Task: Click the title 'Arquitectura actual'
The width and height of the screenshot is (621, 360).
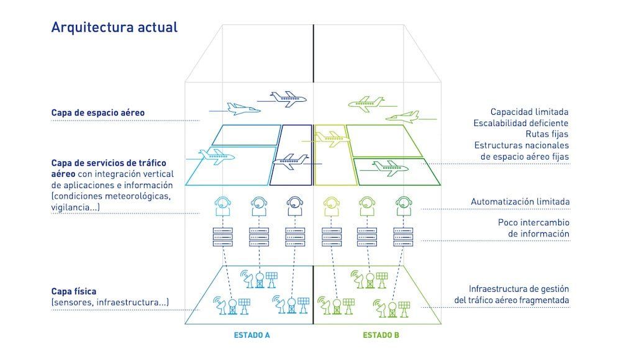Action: [x=114, y=27]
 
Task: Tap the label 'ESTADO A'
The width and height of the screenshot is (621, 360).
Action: [x=252, y=335]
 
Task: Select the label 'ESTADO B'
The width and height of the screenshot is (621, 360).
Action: [x=381, y=335]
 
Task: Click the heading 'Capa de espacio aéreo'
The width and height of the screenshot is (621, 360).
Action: [x=97, y=113]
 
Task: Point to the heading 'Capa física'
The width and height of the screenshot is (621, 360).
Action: [x=74, y=290]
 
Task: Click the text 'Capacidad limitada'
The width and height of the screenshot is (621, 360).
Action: [x=529, y=112]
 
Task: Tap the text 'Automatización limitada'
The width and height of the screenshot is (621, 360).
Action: [x=520, y=202]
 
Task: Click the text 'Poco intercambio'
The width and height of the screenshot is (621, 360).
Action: [x=533, y=222]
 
